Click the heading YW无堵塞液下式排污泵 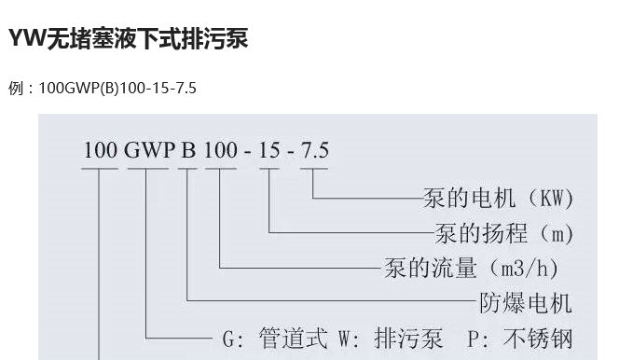click(129, 39)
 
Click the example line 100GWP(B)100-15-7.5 click(103, 89)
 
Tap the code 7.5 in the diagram click(314, 150)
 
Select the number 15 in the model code click(269, 150)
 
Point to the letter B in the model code click(188, 150)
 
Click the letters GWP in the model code click(148, 150)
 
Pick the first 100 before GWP click(101, 150)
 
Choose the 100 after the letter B click(221, 150)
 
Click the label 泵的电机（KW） click(498, 199)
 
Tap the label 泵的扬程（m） click(504, 233)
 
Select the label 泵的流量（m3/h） click(471, 268)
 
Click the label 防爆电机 click(526, 302)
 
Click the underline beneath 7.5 click(314, 169)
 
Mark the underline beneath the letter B click(188, 169)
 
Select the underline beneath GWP click(147, 169)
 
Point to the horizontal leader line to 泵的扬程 click(350, 232)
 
